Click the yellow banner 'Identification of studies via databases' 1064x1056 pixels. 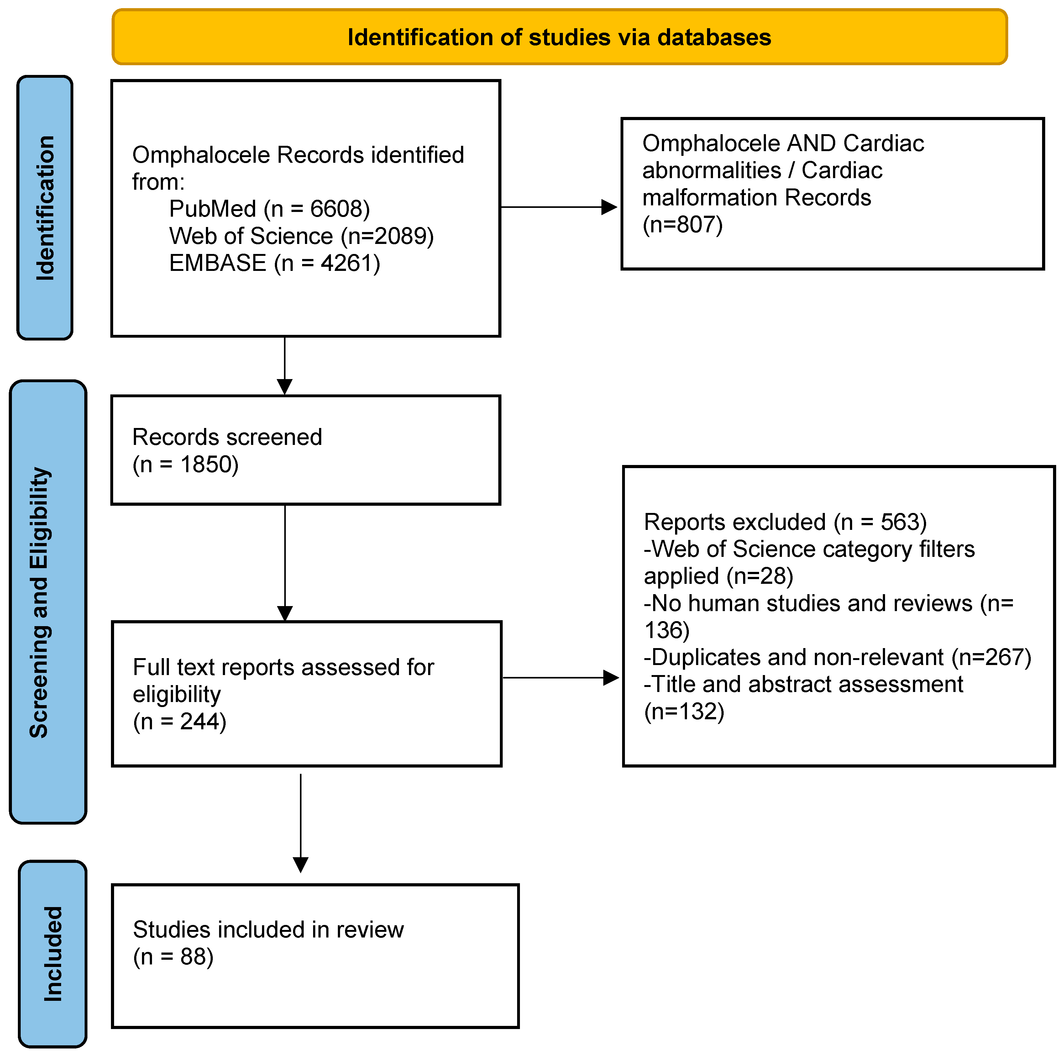coord(559,37)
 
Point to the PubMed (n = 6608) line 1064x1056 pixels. coord(269,209)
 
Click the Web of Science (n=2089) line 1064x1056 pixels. coord(301,236)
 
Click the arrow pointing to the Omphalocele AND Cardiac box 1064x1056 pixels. coord(559,207)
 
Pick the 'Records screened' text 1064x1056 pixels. coord(227,437)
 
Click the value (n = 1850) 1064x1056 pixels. coord(186,464)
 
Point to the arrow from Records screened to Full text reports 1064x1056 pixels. coord(285,562)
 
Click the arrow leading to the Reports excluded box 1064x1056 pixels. coord(561,678)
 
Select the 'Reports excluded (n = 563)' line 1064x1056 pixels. coord(785,522)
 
